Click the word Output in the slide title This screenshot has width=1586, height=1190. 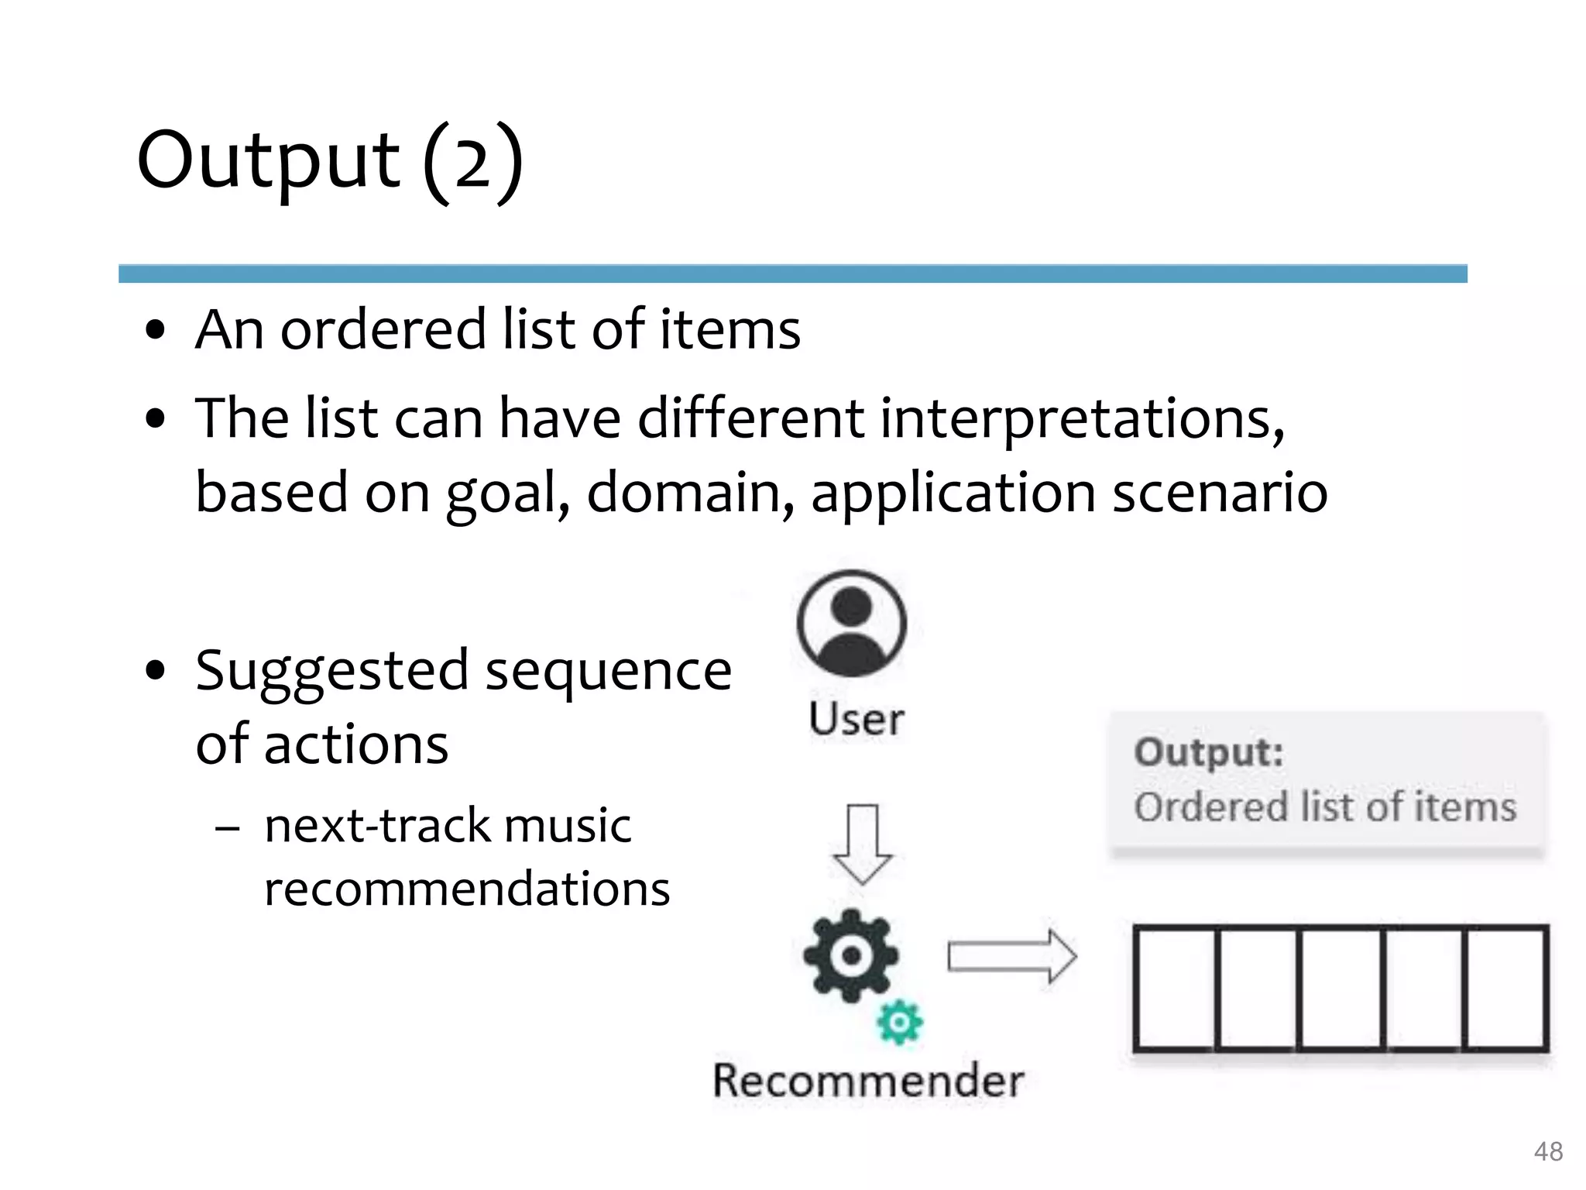tap(268, 161)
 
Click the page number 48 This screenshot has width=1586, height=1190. tap(1548, 1151)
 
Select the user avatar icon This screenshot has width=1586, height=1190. tap(851, 624)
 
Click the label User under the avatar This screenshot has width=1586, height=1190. tap(856, 719)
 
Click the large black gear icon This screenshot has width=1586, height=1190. tap(851, 955)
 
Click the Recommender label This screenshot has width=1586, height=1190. tap(868, 1081)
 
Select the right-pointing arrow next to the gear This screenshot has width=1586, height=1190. tap(1012, 956)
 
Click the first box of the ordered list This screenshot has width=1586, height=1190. tap(1175, 989)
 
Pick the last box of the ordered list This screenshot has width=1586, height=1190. tap(1505, 989)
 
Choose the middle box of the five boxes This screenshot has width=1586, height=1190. tap(1341, 989)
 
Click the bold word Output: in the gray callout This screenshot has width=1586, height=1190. tap(1208, 752)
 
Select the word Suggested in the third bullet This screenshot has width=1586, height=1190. tap(332, 671)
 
